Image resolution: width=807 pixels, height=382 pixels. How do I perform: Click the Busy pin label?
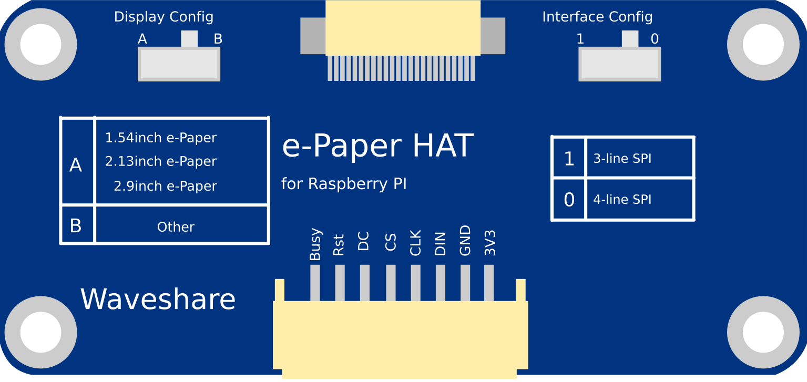315,244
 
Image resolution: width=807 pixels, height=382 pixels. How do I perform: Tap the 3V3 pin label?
490,243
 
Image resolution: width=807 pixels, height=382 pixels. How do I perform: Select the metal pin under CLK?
415,282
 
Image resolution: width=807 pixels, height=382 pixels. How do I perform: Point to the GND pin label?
465,241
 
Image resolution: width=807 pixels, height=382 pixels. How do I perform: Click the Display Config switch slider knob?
189,39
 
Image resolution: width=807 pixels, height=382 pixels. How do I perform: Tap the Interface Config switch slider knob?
630,39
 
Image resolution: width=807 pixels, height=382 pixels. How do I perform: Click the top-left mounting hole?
40,45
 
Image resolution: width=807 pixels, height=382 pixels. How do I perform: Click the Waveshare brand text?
158,300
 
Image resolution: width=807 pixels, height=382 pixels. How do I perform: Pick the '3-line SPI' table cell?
639,158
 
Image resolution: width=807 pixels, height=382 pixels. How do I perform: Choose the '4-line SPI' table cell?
639,200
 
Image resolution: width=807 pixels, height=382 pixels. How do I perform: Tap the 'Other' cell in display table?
176,227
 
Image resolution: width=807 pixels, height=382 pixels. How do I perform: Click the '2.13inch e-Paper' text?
160,161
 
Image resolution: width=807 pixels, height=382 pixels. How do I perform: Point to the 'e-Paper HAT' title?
377,146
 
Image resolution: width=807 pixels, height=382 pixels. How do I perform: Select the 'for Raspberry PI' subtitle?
344,184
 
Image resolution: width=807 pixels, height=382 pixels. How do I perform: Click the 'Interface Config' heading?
597,17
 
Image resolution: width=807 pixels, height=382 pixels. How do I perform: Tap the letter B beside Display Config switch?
218,39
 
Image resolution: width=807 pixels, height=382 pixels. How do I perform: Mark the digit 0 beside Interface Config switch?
655,39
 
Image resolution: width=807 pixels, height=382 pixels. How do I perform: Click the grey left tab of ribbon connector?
313,36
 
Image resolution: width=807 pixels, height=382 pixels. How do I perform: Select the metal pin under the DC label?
364,282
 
